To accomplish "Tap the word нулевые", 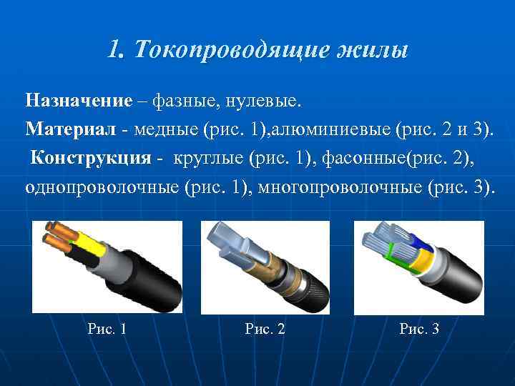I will click(x=263, y=101).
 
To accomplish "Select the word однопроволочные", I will click(x=101, y=187).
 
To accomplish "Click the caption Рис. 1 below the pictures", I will click(x=107, y=329).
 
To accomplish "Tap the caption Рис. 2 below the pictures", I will click(x=265, y=329).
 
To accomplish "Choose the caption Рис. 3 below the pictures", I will click(x=420, y=329).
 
